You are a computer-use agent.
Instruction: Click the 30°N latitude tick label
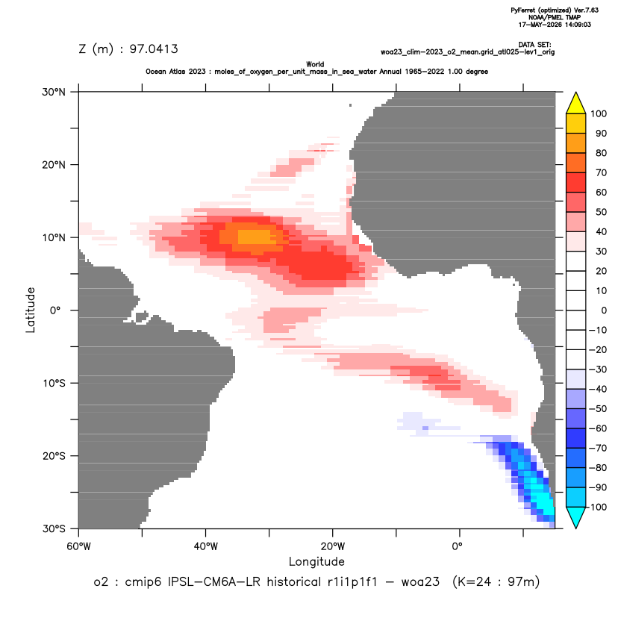coord(54,92)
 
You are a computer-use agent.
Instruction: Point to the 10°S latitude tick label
coord(54,384)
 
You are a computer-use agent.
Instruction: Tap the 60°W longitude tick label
coord(78,546)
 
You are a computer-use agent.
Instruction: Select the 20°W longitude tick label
coord(332,546)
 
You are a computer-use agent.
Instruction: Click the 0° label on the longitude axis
coord(457,546)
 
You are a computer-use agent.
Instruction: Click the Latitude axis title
coord(31,310)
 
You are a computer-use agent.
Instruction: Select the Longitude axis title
coord(316,561)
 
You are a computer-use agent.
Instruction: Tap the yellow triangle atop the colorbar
coord(575,103)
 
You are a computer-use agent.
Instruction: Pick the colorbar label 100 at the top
coord(599,114)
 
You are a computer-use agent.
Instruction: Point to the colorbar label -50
coord(597,409)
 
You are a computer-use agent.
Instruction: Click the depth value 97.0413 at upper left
coord(154,49)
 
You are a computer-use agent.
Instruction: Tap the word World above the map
coord(315,64)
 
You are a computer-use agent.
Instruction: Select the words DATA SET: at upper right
coord(534,45)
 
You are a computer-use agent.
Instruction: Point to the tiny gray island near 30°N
coord(350,105)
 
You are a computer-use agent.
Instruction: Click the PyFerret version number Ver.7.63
coord(586,10)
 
